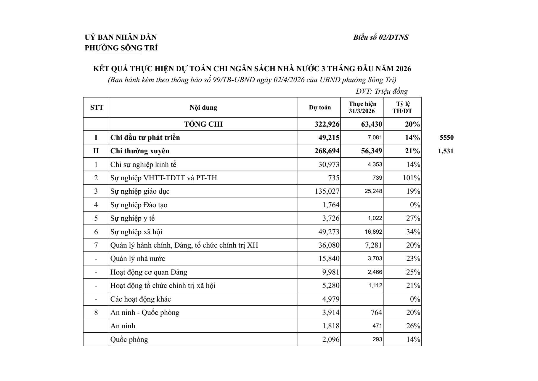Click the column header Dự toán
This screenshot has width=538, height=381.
point(320,108)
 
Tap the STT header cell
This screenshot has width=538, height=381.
point(97,108)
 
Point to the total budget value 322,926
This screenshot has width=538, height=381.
point(327,124)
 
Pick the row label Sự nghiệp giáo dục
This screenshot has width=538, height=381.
point(140,191)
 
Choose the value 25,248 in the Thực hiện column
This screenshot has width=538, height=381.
point(373,191)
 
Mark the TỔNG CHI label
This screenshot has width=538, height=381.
point(203,124)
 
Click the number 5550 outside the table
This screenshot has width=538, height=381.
point(447,138)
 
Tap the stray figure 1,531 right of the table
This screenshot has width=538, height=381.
point(445,151)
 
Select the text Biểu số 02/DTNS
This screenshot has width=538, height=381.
point(381,37)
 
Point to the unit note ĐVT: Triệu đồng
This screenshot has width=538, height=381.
point(382,91)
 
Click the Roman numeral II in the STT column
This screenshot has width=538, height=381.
point(96,151)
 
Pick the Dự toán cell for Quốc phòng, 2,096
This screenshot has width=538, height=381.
point(331,339)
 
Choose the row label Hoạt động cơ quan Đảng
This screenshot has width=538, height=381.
point(149,272)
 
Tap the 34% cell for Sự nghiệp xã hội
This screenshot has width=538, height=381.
point(413,232)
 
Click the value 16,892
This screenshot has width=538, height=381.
point(373,232)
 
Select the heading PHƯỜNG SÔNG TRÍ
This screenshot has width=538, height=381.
point(121,48)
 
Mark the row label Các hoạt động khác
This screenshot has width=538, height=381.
point(141,299)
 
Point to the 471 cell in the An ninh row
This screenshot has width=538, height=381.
point(377,326)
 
